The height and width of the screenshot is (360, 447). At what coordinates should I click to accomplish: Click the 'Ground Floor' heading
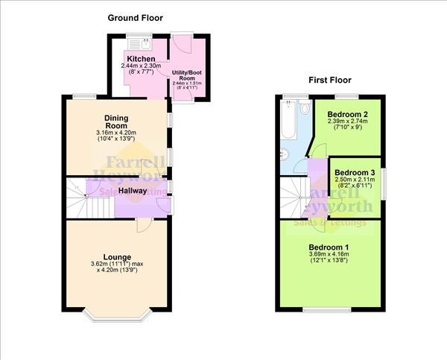coord(135,17)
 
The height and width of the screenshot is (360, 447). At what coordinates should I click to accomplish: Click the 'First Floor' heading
coord(330,80)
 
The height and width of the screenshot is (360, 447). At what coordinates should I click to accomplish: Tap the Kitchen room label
coord(141,59)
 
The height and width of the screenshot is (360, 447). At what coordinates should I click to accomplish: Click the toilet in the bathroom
coord(303,108)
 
